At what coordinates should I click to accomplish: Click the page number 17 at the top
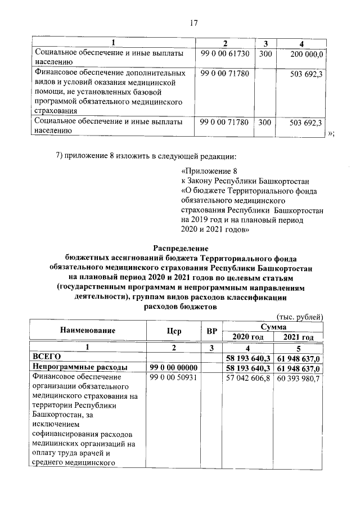pyautogui.click(x=193, y=23)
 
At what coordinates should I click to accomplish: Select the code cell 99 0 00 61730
pyautogui.click(x=224, y=53)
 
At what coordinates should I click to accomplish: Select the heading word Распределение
pyautogui.click(x=181, y=247)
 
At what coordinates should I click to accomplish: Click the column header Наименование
pyautogui.click(x=87, y=331)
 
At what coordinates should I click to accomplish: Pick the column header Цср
pyautogui.click(x=174, y=331)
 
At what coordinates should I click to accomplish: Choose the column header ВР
pyautogui.click(x=211, y=331)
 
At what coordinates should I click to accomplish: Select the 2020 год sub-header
pyautogui.click(x=248, y=337)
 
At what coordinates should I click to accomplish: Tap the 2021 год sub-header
pyautogui.click(x=299, y=337)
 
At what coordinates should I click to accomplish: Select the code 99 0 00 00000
pyautogui.click(x=174, y=367)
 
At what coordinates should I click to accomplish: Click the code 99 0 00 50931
pyautogui.click(x=173, y=377)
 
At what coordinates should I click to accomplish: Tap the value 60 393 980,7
pyautogui.click(x=299, y=377)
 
